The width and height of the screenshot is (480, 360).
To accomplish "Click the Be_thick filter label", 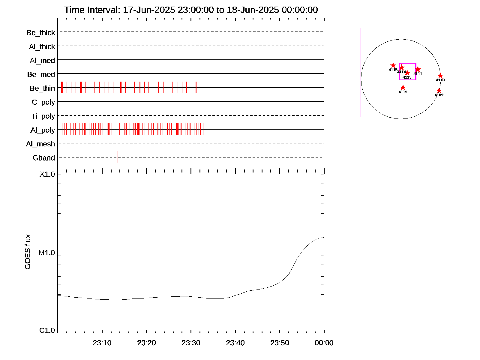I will [41, 32].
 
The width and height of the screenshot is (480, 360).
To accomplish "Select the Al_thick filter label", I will [42, 46].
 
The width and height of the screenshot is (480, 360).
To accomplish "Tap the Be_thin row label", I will [42, 88].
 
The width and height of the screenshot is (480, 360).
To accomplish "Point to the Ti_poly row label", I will [43, 116].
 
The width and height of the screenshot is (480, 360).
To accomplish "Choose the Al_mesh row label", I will [40, 144].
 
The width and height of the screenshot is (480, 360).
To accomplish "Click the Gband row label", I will [44, 158].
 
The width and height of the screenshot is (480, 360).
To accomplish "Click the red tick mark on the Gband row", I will [118, 157].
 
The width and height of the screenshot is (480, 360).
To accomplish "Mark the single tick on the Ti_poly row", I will [118, 115].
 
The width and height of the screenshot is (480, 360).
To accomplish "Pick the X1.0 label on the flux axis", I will [47, 174].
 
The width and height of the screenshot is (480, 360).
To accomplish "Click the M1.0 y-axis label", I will [47, 253].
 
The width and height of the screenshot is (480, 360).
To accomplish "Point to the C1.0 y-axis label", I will [47, 330].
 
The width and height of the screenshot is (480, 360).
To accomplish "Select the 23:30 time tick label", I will [191, 343].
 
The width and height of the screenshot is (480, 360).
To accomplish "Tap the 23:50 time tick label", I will [280, 343].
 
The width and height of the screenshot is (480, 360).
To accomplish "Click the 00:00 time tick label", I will [324, 343].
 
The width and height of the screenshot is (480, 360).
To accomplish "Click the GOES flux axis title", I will [28, 252].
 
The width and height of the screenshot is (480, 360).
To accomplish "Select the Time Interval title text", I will [191, 10].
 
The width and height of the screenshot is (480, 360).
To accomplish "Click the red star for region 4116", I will [403, 88].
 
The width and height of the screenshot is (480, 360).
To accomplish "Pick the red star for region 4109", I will [439, 91].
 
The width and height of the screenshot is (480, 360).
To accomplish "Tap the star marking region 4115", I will [393, 65].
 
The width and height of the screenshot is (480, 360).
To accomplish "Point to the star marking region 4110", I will [440, 76].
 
